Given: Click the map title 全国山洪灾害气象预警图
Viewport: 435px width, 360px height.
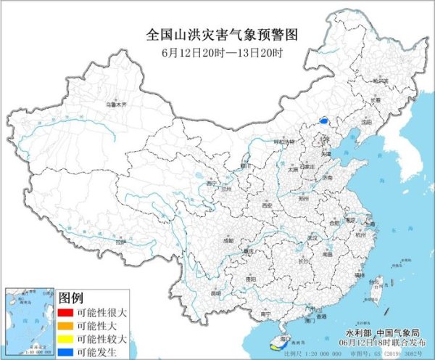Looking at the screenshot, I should point(217,34).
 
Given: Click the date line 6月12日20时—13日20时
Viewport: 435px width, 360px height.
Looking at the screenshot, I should point(217,53).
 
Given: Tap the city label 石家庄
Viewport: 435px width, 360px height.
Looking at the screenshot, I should point(314,165).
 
